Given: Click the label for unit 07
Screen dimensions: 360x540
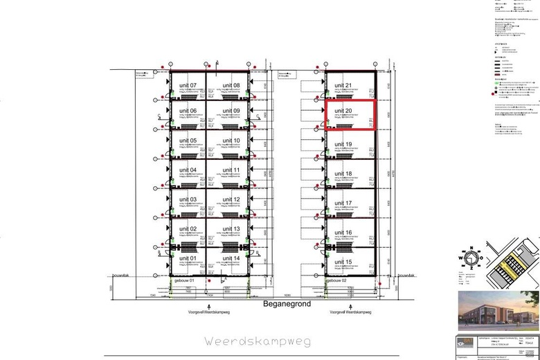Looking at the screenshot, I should [x=188, y=86].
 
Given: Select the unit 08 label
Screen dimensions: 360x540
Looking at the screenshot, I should [x=232, y=86].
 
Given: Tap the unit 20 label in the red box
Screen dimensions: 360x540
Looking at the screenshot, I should [x=343, y=110].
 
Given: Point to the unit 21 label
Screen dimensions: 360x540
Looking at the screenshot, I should [x=343, y=86].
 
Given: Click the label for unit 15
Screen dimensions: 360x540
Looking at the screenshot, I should [x=343, y=262].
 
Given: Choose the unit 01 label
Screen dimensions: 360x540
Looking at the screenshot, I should [x=188, y=258].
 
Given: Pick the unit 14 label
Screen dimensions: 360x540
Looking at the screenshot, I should [x=232, y=258].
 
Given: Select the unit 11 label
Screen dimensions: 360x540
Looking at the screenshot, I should [x=232, y=170].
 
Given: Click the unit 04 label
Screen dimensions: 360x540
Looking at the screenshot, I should [x=188, y=170].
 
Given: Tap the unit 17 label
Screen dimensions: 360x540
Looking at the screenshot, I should [x=343, y=203].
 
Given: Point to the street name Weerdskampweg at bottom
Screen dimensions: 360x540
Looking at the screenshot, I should [x=258, y=341].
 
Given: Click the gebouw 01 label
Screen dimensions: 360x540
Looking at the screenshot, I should [x=186, y=280].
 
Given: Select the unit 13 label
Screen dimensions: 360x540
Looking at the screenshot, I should [x=232, y=228].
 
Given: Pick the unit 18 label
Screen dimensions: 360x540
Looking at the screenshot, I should [x=343, y=174].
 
